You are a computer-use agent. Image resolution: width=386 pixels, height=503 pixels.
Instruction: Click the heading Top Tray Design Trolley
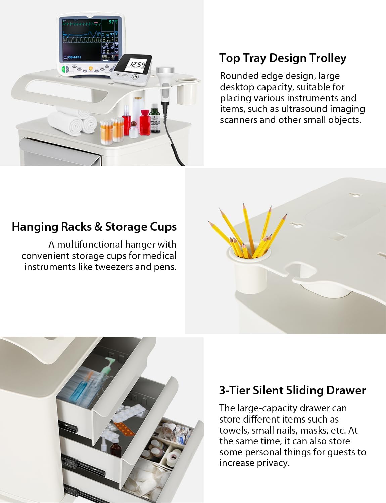coord(283,58)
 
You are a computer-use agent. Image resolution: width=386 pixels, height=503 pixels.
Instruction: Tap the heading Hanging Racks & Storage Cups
coord(94,227)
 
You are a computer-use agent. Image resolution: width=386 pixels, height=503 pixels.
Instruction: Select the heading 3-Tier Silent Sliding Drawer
coord(292,391)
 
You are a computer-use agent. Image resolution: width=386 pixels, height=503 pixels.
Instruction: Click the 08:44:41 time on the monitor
coord(75,57)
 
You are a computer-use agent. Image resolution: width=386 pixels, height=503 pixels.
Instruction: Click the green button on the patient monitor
coord(63,69)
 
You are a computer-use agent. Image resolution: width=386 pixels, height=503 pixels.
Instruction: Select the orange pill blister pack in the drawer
coord(124,429)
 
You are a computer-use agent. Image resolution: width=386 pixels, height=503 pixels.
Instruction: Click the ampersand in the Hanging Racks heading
coord(98,227)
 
